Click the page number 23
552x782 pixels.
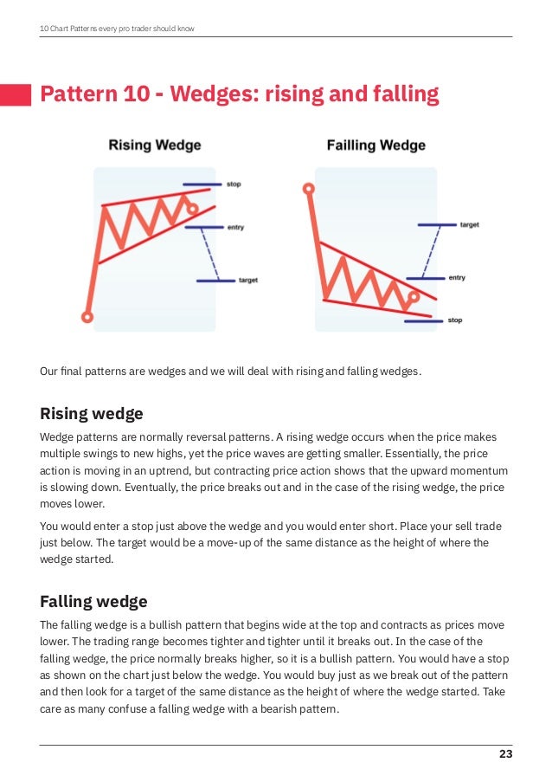pos(505,754)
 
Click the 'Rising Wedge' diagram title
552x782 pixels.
pos(154,145)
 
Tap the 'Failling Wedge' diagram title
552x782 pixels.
pos(375,145)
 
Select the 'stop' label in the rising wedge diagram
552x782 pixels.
pos(234,184)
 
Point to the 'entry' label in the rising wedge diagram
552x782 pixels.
pos(235,228)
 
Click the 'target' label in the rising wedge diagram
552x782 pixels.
pos(247,281)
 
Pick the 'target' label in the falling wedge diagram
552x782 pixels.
pos(469,225)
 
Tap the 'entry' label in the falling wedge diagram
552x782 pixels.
pos(457,278)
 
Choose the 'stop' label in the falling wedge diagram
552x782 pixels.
pos(454,320)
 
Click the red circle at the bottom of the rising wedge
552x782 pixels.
pos(87,318)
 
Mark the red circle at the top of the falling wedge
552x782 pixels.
pos(308,188)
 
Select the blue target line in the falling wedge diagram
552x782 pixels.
pos(437,225)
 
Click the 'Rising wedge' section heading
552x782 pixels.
pos(92,413)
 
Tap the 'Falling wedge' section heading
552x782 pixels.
pos(93,601)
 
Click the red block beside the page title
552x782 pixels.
pos(16,94)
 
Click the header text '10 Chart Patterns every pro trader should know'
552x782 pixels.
pos(117,29)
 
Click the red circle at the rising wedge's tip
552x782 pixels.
pos(193,209)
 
